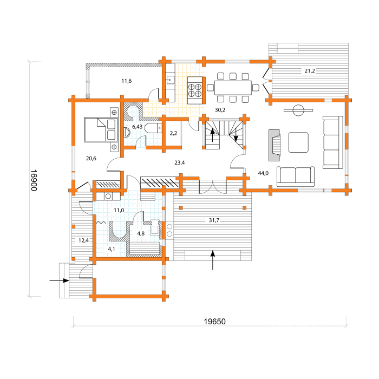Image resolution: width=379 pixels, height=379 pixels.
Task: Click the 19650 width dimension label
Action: tap(214, 322)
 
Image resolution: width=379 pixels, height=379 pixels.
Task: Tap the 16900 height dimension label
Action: tap(34, 180)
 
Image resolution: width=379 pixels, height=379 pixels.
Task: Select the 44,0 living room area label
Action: tap(263, 173)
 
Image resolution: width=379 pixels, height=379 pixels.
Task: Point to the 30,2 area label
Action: tap(220, 110)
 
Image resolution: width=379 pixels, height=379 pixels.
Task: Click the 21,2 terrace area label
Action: tap(310, 71)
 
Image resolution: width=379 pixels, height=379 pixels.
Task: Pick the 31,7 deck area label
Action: tap(214, 220)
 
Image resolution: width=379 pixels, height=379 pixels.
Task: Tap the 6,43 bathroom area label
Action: tap(138, 127)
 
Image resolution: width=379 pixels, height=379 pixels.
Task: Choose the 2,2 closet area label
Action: tap(173, 133)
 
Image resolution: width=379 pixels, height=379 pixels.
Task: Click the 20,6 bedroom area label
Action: tap(91, 158)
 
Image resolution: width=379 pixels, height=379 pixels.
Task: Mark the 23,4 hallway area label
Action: tap(179, 162)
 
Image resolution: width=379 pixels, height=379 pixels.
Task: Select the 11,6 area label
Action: tap(126, 81)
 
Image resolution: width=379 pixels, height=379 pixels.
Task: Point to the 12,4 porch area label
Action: tap(83, 240)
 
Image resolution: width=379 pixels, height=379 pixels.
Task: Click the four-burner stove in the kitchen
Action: tap(195, 90)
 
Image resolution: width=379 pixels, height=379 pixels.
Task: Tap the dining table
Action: tap(233, 88)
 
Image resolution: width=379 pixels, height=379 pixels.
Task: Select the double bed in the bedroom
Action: tap(101, 130)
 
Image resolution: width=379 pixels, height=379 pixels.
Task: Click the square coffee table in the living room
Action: tap(298, 142)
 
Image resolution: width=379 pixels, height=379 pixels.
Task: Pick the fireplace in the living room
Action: tap(275, 145)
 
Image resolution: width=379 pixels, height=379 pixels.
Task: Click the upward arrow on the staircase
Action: tap(212, 135)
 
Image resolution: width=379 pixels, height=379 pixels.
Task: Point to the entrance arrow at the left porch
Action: tap(59, 280)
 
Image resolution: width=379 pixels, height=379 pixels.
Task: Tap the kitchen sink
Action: tap(171, 80)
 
